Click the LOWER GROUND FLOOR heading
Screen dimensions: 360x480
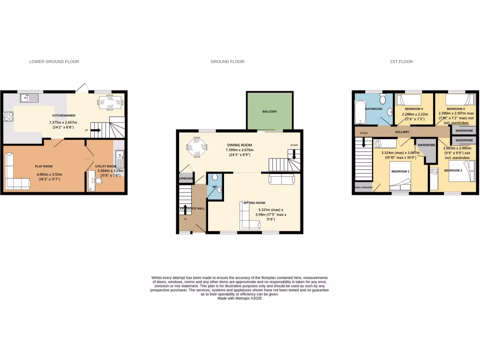pyautogui.click(x=54, y=61)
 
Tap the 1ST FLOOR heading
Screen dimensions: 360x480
pyautogui.click(x=401, y=61)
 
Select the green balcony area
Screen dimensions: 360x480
pyautogui.click(x=270, y=111)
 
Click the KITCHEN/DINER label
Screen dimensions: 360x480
pyautogui.click(x=63, y=115)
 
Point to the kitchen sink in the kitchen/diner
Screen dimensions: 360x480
pyautogui.click(x=29, y=98)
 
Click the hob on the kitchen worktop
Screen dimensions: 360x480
pyautogui.click(x=8, y=117)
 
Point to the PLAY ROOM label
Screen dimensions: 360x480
pyautogui.click(x=43, y=166)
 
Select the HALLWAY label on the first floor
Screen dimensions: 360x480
pyautogui.click(x=402, y=132)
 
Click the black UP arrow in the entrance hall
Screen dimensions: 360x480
pyautogui.click(x=185, y=209)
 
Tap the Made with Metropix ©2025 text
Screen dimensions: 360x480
pyautogui.click(x=240, y=299)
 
